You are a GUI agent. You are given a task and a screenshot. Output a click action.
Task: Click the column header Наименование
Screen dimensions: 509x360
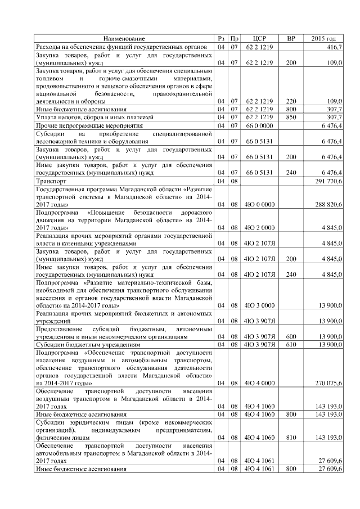125,39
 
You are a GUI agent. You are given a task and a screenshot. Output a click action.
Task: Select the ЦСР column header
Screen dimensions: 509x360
259,39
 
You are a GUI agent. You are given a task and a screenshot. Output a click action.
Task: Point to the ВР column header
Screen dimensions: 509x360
291,39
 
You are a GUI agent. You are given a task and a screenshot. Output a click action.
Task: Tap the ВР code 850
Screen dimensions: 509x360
291,117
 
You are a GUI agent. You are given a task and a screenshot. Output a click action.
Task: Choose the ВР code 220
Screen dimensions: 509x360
291,101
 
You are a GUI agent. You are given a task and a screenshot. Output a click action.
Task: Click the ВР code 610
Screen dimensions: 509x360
291,344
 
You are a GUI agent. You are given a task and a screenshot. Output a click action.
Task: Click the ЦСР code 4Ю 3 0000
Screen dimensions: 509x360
259,304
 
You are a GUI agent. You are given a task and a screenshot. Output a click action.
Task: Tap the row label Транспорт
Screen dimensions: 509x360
51,182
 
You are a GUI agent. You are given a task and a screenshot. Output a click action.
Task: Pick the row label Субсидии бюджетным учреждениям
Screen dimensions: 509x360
87,344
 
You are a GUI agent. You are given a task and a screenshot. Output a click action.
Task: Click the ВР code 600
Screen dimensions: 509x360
291,336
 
